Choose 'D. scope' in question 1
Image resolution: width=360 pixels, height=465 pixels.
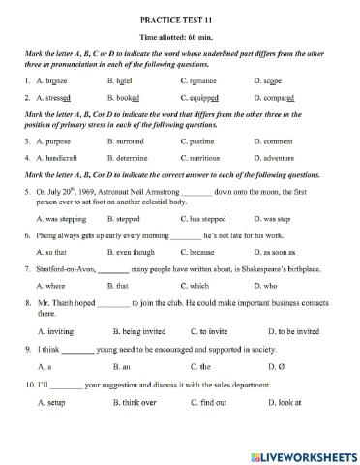tap(268, 82)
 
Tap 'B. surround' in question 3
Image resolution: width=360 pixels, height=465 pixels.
tap(128, 140)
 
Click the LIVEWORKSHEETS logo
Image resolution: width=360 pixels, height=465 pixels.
tap(303, 454)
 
